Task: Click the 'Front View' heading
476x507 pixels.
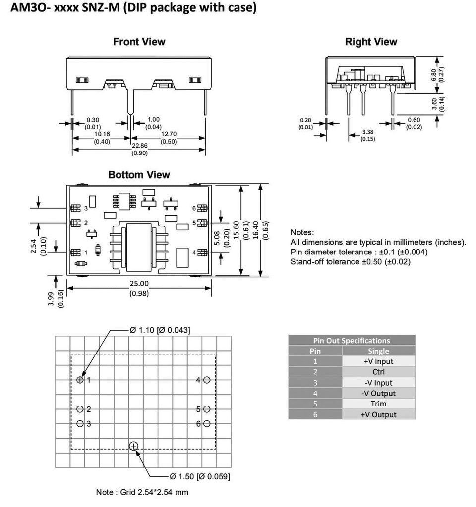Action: (139, 42)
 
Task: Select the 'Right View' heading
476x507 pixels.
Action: (371, 42)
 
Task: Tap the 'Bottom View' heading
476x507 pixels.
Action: (139, 175)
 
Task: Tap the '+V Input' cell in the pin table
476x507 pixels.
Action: (378, 361)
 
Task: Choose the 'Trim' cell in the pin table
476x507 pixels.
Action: (378, 404)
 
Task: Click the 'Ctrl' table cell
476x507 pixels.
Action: (378, 372)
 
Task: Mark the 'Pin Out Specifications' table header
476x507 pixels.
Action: (352, 340)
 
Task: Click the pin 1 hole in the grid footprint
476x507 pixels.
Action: (80, 380)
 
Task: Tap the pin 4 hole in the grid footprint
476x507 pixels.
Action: (207, 380)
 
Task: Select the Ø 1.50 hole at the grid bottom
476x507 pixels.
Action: (133, 447)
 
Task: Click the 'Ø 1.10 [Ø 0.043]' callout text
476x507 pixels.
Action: (160, 330)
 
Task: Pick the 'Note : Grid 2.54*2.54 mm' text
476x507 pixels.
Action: (142, 492)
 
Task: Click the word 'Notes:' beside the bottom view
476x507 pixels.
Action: (302, 232)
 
